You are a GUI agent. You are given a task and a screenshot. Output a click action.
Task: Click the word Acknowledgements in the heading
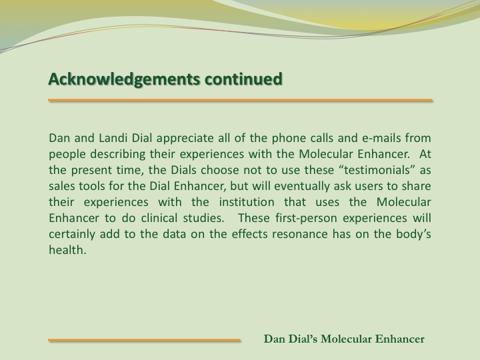click(x=124, y=79)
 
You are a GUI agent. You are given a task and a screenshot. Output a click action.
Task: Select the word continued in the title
click(x=243, y=79)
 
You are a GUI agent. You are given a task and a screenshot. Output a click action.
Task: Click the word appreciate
click(x=185, y=139)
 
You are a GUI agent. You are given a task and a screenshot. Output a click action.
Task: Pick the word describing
click(x=117, y=154)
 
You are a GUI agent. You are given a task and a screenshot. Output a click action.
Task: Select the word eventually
click(x=302, y=187)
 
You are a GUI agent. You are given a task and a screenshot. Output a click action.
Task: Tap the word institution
click(x=247, y=202)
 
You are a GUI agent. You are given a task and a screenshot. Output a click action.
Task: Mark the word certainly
click(x=72, y=235)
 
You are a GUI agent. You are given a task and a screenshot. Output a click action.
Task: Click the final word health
click(x=67, y=250)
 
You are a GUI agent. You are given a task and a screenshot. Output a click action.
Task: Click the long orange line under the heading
click(x=240, y=100)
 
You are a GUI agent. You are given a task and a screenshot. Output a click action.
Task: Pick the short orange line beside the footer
click(x=144, y=340)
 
